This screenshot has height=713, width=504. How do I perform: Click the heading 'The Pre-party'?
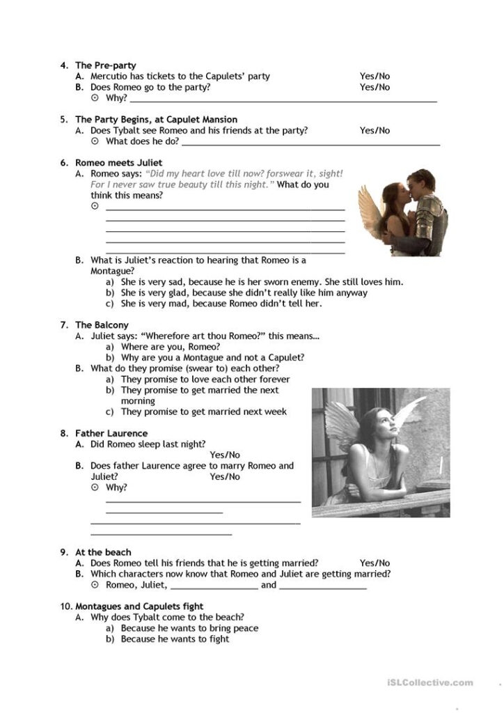105,65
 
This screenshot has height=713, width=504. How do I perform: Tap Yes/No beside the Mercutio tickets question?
375,76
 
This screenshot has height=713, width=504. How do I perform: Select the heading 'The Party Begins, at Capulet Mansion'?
156,119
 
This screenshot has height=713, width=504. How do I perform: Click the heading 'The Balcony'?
102,324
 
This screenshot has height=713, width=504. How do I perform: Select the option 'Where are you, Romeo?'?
171,346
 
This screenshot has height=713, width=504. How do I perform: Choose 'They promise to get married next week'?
203,412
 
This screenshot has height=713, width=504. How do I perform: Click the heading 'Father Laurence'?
111,433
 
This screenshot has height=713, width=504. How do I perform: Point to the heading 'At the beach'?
103,552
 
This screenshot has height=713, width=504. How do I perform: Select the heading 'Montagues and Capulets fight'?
139,606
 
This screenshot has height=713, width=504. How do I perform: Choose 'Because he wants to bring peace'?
189,628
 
